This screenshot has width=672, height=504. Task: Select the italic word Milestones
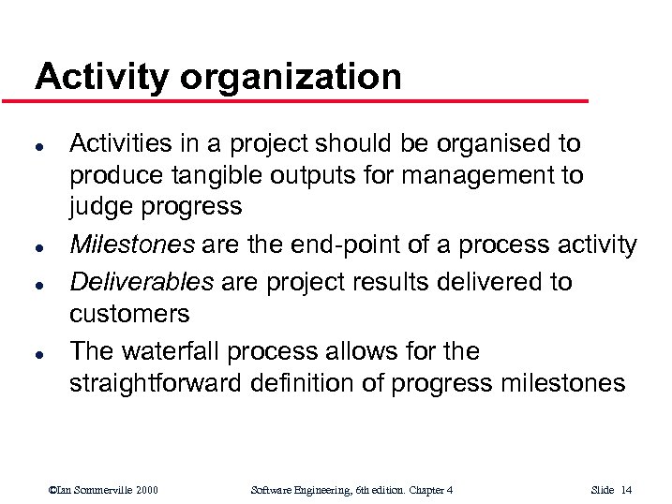tap(132, 245)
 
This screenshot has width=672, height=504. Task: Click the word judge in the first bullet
tap(96, 207)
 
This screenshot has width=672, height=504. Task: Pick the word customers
tap(129, 313)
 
